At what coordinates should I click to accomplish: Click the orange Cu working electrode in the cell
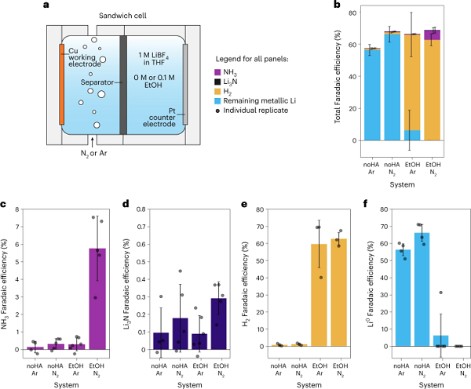point(61,84)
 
